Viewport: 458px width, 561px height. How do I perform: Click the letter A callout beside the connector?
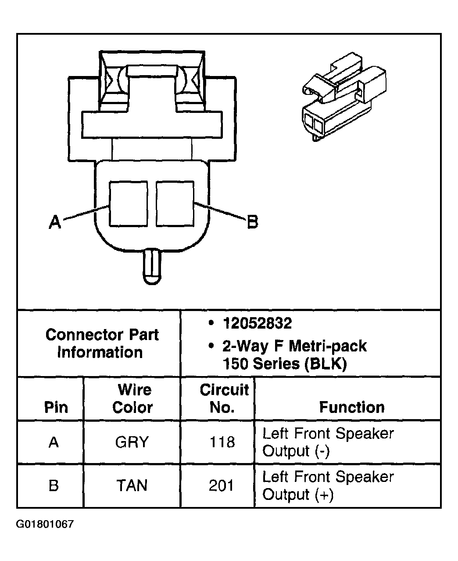[55, 222]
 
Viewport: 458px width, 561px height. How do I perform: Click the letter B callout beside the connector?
[253, 222]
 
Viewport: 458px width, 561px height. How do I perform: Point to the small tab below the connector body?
[152, 266]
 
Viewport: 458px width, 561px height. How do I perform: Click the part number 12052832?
[257, 324]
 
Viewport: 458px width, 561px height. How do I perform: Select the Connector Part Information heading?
[101, 343]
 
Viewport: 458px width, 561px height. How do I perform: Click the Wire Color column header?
[132, 398]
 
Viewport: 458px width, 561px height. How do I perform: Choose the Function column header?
[351, 407]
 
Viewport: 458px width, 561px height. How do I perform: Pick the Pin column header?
[56, 407]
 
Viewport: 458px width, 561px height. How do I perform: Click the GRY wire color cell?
[132, 442]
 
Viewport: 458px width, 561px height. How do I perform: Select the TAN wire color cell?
[132, 485]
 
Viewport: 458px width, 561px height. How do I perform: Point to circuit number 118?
[222, 442]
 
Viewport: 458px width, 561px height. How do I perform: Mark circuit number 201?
[222, 485]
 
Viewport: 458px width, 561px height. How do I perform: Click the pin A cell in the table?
[54, 442]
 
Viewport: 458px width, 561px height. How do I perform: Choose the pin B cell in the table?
[54, 486]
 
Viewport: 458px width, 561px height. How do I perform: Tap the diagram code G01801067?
[45, 524]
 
